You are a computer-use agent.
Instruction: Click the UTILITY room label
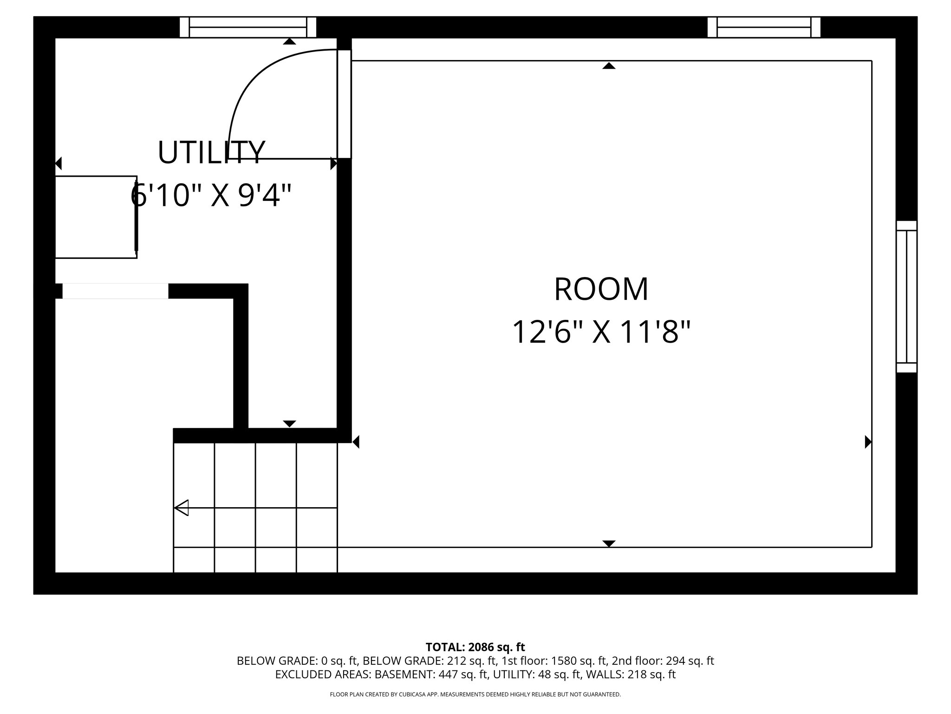[211, 153]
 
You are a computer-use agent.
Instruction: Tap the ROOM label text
[601, 289]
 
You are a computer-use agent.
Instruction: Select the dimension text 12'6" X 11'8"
[601, 332]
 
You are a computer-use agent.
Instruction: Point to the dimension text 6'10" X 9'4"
[211, 195]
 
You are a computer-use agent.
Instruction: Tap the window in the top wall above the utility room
[248, 27]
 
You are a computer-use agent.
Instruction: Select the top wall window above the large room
[764, 27]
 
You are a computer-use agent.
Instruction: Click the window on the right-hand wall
[906, 297]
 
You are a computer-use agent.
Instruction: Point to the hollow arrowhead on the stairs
[182, 508]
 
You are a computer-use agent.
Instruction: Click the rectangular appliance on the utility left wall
[96, 217]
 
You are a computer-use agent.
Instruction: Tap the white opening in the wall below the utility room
[115, 291]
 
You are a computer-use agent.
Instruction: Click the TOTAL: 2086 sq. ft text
[475, 647]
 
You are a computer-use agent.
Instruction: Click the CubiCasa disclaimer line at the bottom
[475, 694]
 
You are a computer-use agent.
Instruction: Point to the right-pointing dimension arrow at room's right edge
[867, 442]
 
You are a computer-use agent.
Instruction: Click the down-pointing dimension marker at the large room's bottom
[609, 543]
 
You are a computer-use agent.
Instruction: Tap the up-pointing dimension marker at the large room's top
[609, 66]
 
